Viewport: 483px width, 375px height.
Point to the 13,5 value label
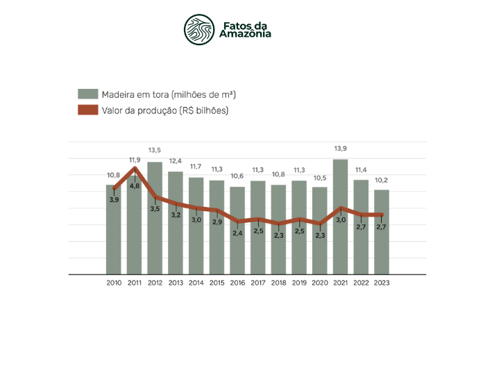coord(155,151)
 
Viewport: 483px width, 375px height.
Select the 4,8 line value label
coord(135,185)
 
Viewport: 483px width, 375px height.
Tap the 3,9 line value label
coord(114,200)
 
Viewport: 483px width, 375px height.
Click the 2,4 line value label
coord(237,233)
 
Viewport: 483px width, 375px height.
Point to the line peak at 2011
coord(135,168)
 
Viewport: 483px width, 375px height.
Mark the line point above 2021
coord(341,208)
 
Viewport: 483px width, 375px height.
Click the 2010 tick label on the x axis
coord(114,283)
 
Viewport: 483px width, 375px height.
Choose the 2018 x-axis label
coord(279,283)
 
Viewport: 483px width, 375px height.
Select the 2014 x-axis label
coord(196,283)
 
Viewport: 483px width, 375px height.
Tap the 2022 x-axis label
coord(361,283)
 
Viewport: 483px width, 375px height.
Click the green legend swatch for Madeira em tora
coord(87,94)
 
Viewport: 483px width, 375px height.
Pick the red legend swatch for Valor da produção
coord(87,110)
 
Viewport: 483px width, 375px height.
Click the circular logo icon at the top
coord(199,28)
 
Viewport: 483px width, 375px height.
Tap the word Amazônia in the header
coord(246,33)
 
